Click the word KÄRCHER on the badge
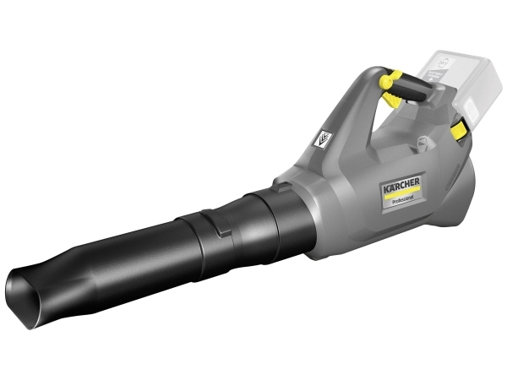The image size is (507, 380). tap(401, 185)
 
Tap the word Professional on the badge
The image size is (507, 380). tap(403, 200)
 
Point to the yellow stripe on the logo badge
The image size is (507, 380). tap(401, 192)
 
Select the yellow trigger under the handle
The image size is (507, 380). tap(392, 99)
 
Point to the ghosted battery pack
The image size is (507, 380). tap(466, 87)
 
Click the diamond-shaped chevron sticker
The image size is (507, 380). tap(324, 139)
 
